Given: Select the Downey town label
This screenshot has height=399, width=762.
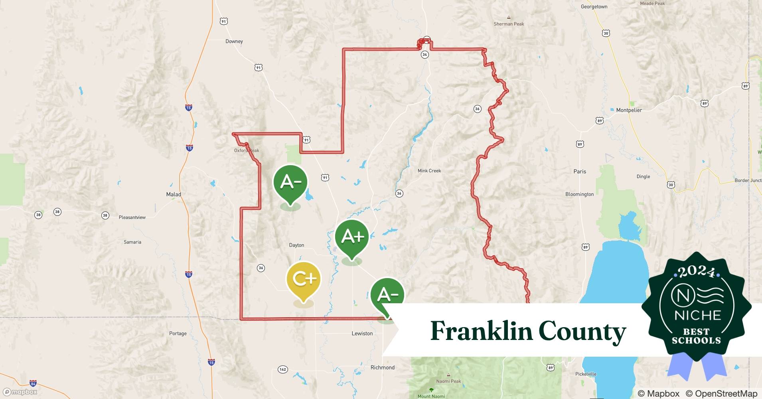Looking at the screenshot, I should point(234,41).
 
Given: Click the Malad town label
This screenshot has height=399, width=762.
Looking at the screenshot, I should point(174,195).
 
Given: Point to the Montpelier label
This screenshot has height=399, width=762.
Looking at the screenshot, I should point(629,110).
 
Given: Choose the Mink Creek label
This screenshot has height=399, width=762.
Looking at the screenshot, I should point(429,171).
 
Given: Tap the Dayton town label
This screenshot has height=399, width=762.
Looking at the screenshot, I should point(296,245).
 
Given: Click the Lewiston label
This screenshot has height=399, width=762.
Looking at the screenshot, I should point(362,334).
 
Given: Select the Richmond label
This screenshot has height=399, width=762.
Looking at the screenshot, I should point(383,367).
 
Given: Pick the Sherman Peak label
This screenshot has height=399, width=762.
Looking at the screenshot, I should point(509,24).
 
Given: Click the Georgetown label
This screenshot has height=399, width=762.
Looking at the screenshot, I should point(594,7).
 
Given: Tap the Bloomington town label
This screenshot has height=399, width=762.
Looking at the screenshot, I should point(579,194).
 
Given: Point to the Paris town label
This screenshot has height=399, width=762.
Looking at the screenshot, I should point(580,172).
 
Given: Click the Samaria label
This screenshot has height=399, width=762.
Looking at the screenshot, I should point(132,242).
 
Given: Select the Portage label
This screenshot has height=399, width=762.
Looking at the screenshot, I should point(178,334).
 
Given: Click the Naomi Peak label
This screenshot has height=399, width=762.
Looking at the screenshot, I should point(448,381).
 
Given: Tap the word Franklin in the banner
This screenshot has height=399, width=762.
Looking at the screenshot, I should point(481,331).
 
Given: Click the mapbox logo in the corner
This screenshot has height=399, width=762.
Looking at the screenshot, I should point(20,392).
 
